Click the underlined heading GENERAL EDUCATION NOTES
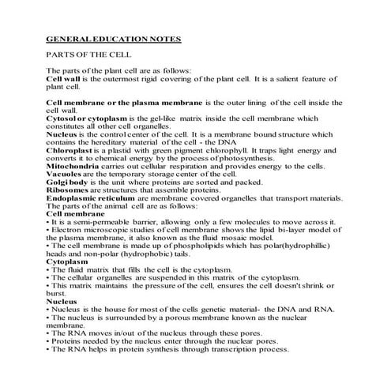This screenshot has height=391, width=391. pos(114,38)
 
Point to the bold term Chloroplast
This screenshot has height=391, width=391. pos(70,148)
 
